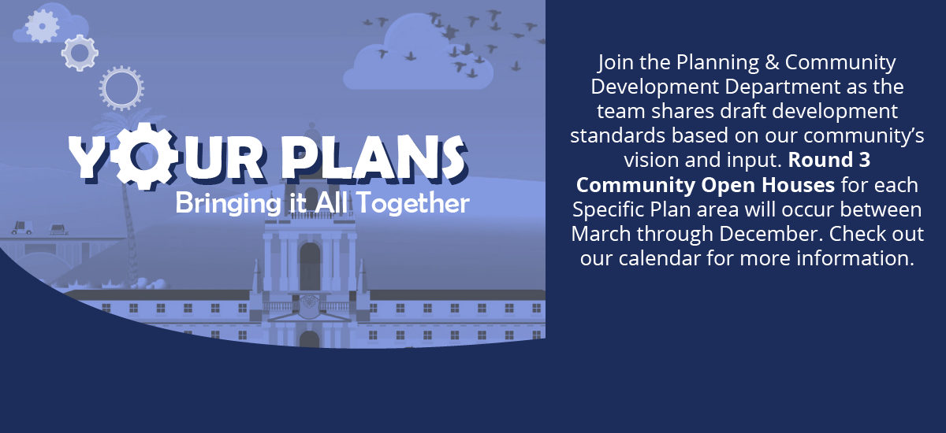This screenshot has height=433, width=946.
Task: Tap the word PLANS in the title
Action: [x=374, y=157]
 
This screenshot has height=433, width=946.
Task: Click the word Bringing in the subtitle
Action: [x=228, y=204]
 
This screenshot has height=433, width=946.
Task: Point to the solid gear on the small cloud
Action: [x=43, y=26]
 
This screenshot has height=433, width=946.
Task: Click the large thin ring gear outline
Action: [x=121, y=68]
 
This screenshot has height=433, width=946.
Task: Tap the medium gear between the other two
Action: [x=80, y=53]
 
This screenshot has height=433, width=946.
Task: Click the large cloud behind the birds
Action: [x=418, y=55]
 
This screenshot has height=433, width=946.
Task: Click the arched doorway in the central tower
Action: [x=310, y=265]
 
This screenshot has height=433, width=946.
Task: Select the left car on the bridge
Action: [x=21, y=228]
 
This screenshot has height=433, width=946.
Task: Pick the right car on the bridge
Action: [x=58, y=229]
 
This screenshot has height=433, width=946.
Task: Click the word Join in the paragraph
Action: [x=616, y=63]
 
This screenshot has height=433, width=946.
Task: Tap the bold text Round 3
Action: [x=829, y=160]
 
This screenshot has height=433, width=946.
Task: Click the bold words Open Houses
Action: [x=768, y=185]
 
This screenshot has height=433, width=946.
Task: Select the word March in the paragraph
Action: [x=601, y=234]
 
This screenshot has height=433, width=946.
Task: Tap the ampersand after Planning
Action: [x=772, y=62]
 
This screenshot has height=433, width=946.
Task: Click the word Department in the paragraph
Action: [x=783, y=87]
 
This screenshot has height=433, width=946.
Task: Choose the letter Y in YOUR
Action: [x=87, y=157]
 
